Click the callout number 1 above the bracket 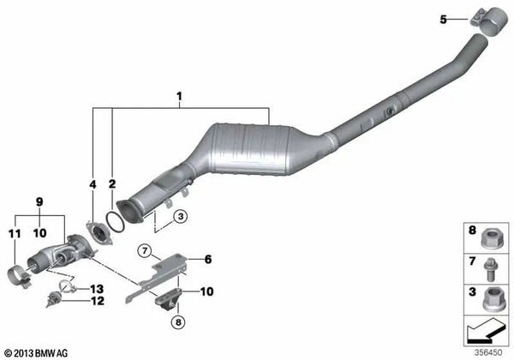click(x=179, y=97)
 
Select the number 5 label click(x=443, y=20)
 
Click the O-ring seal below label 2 click(x=116, y=222)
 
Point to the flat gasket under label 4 click(x=99, y=233)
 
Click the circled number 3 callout click(x=180, y=217)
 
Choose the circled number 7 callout click(x=145, y=251)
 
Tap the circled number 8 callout click(x=178, y=322)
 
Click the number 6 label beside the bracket click(x=208, y=260)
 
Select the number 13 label click(x=97, y=289)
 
